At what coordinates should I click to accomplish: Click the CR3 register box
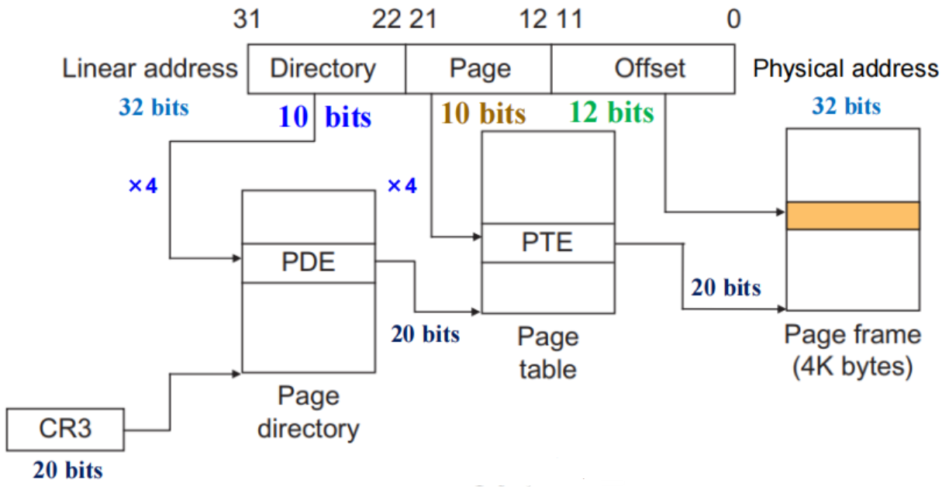(x=65, y=429)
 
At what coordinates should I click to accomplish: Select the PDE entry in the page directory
(x=308, y=263)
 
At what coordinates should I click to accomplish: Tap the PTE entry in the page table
(x=548, y=243)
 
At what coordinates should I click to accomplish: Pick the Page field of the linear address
(x=478, y=69)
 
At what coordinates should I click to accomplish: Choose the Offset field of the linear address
(x=643, y=69)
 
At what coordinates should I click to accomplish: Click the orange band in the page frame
(x=853, y=216)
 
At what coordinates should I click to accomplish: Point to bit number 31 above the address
(x=247, y=19)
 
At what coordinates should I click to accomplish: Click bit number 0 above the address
(x=733, y=19)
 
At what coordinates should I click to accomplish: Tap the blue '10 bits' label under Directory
(x=325, y=117)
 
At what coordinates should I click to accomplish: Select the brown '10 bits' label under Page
(x=484, y=114)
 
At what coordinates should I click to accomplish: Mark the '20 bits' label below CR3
(x=67, y=470)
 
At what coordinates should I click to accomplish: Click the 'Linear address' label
(x=150, y=68)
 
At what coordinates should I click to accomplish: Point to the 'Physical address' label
(x=845, y=69)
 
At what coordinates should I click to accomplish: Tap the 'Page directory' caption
(x=308, y=412)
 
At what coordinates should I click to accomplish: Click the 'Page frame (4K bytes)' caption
(x=853, y=351)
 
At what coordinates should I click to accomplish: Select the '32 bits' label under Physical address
(x=846, y=106)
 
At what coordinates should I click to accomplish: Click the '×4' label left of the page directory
(x=143, y=186)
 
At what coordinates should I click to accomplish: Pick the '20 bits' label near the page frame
(x=726, y=288)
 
